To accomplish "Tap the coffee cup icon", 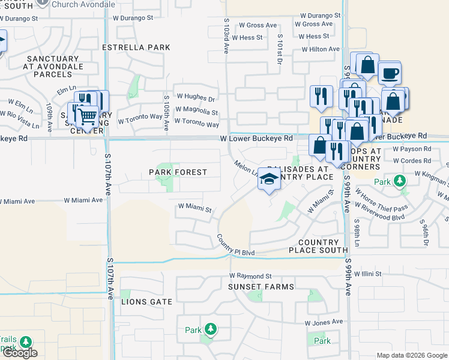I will (389, 74).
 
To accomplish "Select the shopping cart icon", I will (87, 116).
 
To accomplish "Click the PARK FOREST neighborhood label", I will (178, 172).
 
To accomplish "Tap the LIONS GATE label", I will (147, 302).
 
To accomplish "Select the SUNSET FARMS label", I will (261, 287).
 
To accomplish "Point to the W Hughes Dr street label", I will (195, 97).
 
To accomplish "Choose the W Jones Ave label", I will (325, 323).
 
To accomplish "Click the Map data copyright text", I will (411, 355).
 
